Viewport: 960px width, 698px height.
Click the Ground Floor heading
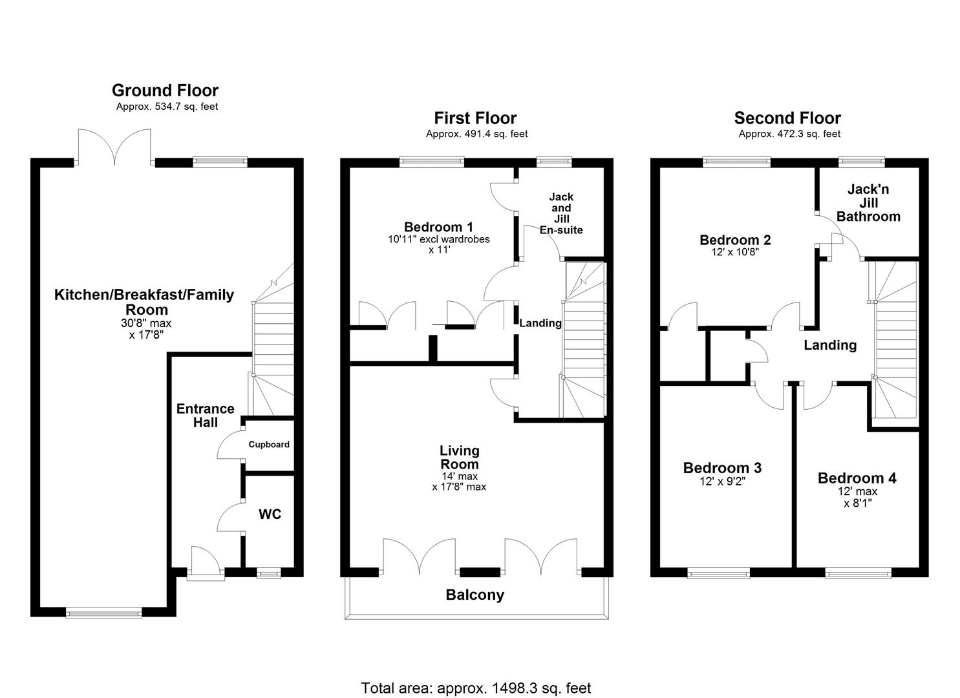[165, 90]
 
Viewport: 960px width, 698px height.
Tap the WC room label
[270, 514]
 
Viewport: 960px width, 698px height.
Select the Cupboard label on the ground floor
[269, 445]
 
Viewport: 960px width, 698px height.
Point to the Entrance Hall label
[205, 416]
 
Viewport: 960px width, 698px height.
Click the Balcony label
[475, 595]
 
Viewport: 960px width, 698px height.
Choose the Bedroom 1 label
[438, 227]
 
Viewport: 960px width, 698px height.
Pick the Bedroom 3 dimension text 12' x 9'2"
[722, 481]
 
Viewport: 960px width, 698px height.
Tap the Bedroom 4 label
[857, 478]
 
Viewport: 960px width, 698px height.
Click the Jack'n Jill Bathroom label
[868, 203]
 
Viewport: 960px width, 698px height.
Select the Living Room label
[459, 458]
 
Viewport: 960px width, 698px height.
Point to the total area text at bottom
[476, 688]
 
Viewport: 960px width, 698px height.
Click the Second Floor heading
[787, 118]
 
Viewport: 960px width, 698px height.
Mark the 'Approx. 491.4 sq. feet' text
[476, 134]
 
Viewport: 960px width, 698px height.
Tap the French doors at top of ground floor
[115, 147]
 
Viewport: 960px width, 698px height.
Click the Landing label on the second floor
[829, 345]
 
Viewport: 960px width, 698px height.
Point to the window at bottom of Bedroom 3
[718, 573]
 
